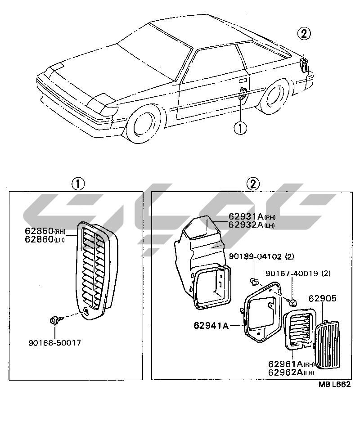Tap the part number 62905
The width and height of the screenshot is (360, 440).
point(322,298)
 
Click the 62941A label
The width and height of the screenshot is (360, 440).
point(211,324)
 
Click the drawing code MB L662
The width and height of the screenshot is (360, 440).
point(334,385)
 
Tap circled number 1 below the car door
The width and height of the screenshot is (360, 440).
point(240,128)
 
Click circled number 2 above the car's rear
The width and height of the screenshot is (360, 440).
point(304,33)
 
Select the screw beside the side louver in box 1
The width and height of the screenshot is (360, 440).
point(54,320)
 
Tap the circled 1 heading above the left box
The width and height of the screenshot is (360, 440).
point(78,184)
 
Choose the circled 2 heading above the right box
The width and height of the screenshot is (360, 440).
point(253,184)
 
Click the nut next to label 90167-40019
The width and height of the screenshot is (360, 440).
point(292,302)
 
